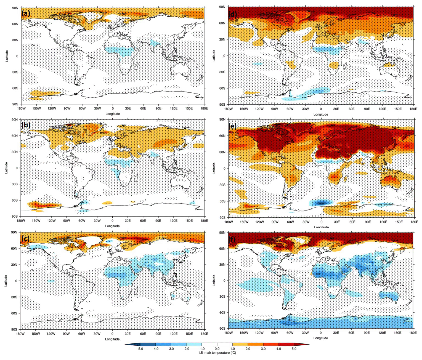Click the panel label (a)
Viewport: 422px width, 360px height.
(26, 13)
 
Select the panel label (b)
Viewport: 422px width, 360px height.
(26, 125)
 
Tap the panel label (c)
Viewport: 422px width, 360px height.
(25, 238)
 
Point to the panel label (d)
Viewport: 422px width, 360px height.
(233, 14)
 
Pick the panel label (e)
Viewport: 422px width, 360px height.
(233, 126)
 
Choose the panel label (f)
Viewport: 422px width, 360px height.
(232, 239)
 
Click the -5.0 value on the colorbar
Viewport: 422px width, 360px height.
(140, 349)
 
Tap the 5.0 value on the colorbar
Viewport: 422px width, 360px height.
(294, 349)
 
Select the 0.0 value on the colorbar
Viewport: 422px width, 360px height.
(217, 349)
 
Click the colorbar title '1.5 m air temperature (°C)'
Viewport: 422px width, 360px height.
(217, 353)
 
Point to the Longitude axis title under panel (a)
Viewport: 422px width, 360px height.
(113, 114)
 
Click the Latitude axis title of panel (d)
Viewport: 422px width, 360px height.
(214, 55)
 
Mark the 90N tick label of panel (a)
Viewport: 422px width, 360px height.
(15, 8)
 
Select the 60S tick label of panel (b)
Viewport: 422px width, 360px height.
(15, 200)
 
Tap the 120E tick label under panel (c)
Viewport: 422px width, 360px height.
(174, 334)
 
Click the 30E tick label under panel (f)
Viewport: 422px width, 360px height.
(336, 333)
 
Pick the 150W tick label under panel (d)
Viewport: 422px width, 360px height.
(244, 109)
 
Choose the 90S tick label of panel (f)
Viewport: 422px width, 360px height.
(222, 329)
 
